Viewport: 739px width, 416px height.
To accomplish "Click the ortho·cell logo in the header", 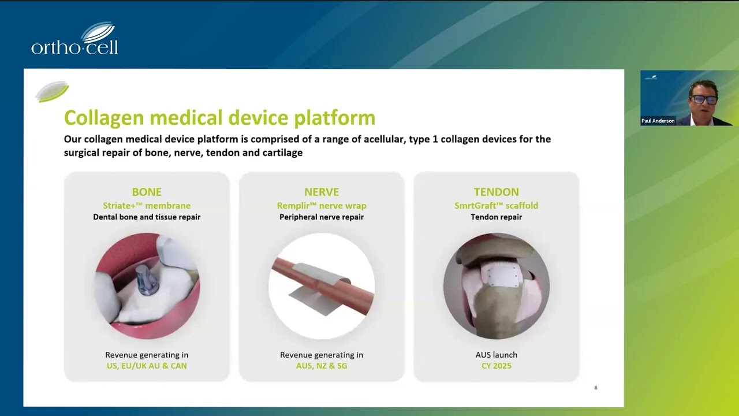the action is (x=74, y=38).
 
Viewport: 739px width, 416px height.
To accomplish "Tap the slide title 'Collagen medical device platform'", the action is (x=220, y=117).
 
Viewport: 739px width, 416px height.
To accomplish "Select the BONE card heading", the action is (x=147, y=192).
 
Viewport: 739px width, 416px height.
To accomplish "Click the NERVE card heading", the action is (x=322, y=192).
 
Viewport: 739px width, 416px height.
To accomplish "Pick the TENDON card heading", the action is (x=497, y=192).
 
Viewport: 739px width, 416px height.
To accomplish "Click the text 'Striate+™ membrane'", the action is (x=147, y=206).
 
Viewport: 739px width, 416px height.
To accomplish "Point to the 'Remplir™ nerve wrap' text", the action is (x=322, y=206).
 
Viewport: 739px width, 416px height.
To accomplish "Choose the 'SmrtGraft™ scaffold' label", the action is (x=497, y=206).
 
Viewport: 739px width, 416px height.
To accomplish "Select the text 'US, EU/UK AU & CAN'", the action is (x=147, y=366).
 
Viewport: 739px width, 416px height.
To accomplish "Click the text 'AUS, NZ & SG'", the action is (x=322, y=366).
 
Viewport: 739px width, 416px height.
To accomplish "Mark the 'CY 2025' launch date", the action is (x=497, y=366).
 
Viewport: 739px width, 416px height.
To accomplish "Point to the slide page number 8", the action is (x=596, y=388).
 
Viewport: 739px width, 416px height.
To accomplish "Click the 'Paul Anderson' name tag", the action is (x=658, y=121).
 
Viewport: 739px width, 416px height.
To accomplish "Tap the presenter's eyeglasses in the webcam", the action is (x=704, y=99).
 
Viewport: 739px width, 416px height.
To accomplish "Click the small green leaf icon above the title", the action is (x=52, y=91).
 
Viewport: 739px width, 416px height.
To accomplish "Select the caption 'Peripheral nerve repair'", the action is (x=322, y=217).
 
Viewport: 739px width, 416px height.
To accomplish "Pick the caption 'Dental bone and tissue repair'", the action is (x=147, y=217).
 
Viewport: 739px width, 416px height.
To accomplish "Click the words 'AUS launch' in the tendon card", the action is (x=497, y=355).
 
